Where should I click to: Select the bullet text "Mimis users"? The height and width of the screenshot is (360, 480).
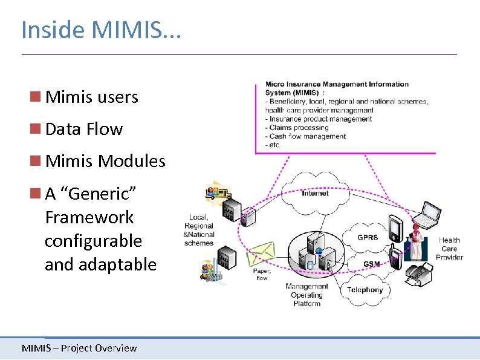coord(91,97)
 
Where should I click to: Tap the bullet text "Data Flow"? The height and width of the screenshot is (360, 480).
coord(83,129)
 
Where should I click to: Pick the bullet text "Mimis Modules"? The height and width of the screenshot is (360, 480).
coord(105,161)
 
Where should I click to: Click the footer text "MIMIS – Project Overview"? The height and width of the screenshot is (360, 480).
coord(79,348)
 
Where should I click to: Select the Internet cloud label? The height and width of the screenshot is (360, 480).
coord(315,194)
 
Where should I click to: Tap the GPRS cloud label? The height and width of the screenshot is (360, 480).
coord(367,238)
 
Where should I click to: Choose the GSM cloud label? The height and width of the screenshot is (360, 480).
coord(371,264)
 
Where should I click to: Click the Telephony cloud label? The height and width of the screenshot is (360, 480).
coord(365,290)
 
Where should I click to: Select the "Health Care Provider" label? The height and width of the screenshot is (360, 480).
coord(449,249)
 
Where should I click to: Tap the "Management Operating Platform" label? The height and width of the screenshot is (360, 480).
coord(306,295)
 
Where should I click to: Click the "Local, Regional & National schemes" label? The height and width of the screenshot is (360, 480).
coord(199,230)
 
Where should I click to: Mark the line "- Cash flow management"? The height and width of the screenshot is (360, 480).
coord(306,136)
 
